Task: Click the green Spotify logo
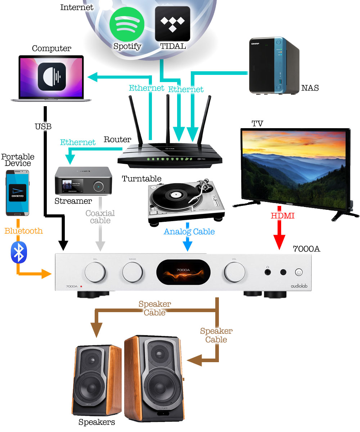tap(127, 24)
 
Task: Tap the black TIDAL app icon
tap(172, 23)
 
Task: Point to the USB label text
tap(43, 126)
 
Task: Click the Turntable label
tap(141, 179)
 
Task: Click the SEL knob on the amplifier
tap(95, 271)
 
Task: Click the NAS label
tap(310, 88)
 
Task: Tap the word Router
tap(117, 139)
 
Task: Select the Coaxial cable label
tap(100, 217)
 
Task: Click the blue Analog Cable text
tap(189, 231)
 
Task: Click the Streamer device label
tap(73, 201)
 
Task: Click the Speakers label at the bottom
tap(97, 422)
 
